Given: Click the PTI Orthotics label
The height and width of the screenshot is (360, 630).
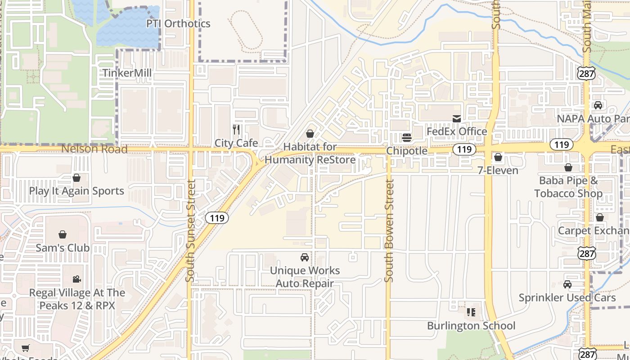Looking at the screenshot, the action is coord(178,23).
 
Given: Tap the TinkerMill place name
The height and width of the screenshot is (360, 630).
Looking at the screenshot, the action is coord(127,73).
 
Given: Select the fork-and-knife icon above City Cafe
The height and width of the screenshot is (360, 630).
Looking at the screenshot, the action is coord(236,130).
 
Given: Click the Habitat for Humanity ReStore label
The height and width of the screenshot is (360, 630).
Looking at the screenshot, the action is coord(310,153).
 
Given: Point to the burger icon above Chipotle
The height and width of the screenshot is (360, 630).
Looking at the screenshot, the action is coord(407,137).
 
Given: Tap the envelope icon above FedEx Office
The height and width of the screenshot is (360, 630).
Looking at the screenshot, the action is coord(457,118).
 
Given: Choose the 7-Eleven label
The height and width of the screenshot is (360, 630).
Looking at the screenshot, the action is coord(498,171).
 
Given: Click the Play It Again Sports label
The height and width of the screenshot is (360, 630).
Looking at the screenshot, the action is coord(76,191).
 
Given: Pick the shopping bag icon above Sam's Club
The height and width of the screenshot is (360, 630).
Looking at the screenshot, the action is coord(63,234).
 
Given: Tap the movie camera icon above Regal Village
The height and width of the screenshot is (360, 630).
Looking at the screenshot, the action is coord(77,279).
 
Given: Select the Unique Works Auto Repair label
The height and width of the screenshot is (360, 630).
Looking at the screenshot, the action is coord(305,277).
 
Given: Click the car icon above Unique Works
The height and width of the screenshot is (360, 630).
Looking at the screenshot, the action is coord(305,257).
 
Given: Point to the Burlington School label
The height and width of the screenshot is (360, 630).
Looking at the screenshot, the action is coord(471,326).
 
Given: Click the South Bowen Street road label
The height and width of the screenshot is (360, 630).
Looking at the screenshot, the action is coord(390,231).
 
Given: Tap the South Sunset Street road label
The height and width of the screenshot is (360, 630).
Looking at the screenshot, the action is coord(190,231).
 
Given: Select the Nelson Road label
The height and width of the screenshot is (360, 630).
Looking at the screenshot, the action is coord(94,149).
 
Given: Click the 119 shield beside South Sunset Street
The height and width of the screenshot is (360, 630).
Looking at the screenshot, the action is coord(217,218).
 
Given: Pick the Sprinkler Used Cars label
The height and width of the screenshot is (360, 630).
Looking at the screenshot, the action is coord(567,298).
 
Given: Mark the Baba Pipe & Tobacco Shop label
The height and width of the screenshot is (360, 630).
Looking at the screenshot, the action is coord(568,187).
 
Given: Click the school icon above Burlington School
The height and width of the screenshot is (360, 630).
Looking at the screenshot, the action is coord(471,312).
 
